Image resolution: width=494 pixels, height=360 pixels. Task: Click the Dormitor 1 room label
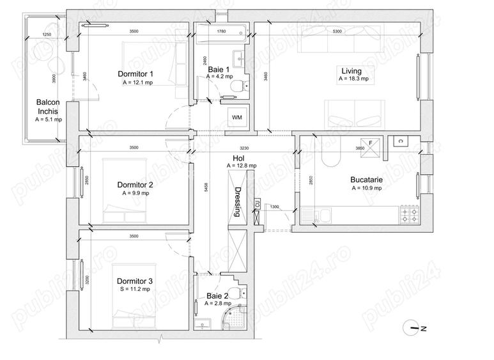(135, 74)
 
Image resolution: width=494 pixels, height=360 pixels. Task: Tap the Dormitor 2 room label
(135, 185)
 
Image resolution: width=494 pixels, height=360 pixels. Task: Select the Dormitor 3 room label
(134, 281)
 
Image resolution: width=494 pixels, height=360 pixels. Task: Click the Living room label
(351, 71)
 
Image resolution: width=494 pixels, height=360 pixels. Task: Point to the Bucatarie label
(366, 180)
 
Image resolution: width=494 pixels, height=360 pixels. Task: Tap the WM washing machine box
(236, 118)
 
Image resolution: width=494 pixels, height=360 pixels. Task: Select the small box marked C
(400, 141)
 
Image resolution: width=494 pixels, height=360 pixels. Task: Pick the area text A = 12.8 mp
(242, 166)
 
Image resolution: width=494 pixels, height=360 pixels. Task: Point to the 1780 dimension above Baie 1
(221, 31)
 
